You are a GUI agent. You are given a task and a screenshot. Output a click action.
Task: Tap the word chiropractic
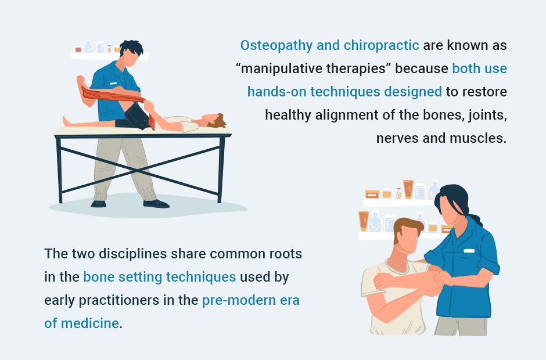pos(381,46)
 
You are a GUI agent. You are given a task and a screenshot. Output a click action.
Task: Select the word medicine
pos(90,323)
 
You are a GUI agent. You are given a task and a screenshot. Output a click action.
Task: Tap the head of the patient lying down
pos(214,120)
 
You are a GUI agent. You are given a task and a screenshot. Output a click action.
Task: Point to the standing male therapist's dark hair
pos(131,48)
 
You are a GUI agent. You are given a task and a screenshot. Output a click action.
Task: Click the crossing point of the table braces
pos(139,171)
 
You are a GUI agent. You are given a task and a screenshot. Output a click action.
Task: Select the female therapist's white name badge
pos(469,251)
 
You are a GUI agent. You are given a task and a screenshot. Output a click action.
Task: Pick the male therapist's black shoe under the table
pos(156,204)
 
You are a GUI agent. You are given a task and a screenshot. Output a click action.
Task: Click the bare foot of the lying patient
pos(66,121)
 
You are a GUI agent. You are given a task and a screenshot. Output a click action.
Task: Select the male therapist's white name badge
pos(113,83)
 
